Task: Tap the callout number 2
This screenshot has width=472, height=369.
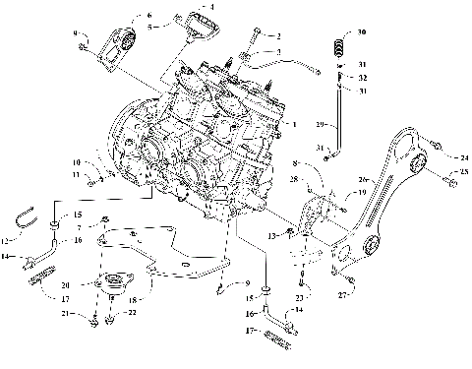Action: [278, 35]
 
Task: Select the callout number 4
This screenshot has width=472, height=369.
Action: [208, 7]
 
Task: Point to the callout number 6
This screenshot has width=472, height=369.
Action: [149, 15]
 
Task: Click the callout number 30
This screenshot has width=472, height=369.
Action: [363, 33]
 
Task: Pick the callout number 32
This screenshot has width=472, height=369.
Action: [364, 77]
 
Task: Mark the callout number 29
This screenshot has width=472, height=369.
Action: [320, 126]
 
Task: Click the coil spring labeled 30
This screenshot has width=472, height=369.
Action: [340, 45]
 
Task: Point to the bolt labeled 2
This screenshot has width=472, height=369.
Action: [258, 35]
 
